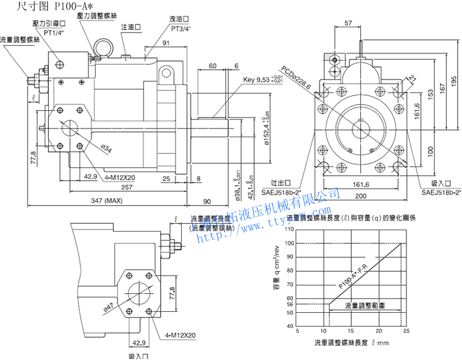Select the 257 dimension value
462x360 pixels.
pos(126,188)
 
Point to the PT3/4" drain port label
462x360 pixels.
pos(180,28)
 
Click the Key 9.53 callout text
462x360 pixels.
pos(262,80)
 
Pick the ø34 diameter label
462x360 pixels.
pos(106,150)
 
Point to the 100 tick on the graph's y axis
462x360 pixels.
pos(290,243)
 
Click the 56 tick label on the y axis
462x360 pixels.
pos(290,304)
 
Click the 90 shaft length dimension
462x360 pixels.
pos(206,201)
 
